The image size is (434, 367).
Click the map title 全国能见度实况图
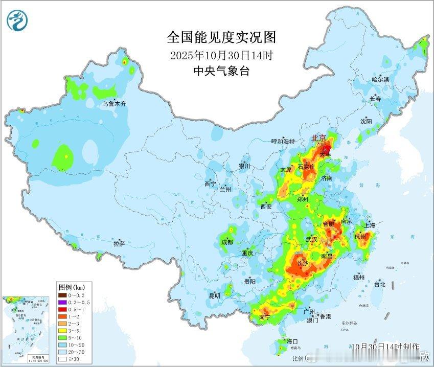[221, 37]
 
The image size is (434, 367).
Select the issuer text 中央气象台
[221, 72]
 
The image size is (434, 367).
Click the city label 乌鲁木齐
[113, 104]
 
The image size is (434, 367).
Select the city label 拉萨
[119, 244]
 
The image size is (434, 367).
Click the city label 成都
[227, 242]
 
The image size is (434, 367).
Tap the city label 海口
[292, 341]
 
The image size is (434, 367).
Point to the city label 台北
[379, 284]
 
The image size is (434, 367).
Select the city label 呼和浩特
[283, 141]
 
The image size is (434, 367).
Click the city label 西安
[266, 207]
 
